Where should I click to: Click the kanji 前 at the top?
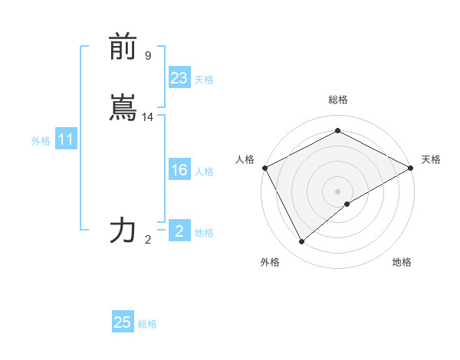(123, 48)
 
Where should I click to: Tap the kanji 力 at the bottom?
(123, 230)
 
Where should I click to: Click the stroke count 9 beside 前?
(148, 55)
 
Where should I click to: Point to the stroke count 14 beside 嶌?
(148, 117)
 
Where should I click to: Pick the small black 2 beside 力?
(148, 239)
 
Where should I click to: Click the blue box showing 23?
(179, 78)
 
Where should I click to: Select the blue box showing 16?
(179, 170)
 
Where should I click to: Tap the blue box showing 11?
(65, 140)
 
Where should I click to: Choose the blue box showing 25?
(123, 322)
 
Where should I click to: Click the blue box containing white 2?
(179, 231)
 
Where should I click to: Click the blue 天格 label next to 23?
(204, 80)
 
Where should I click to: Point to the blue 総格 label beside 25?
(147, 324)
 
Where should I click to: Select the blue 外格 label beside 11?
(41, 141)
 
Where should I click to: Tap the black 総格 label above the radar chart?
(337, 100)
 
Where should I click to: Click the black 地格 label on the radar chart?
(402, 262)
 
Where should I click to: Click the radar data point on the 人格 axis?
(264, 168)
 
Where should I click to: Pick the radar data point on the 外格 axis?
(302, 241)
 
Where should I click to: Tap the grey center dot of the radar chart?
(337, 191)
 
